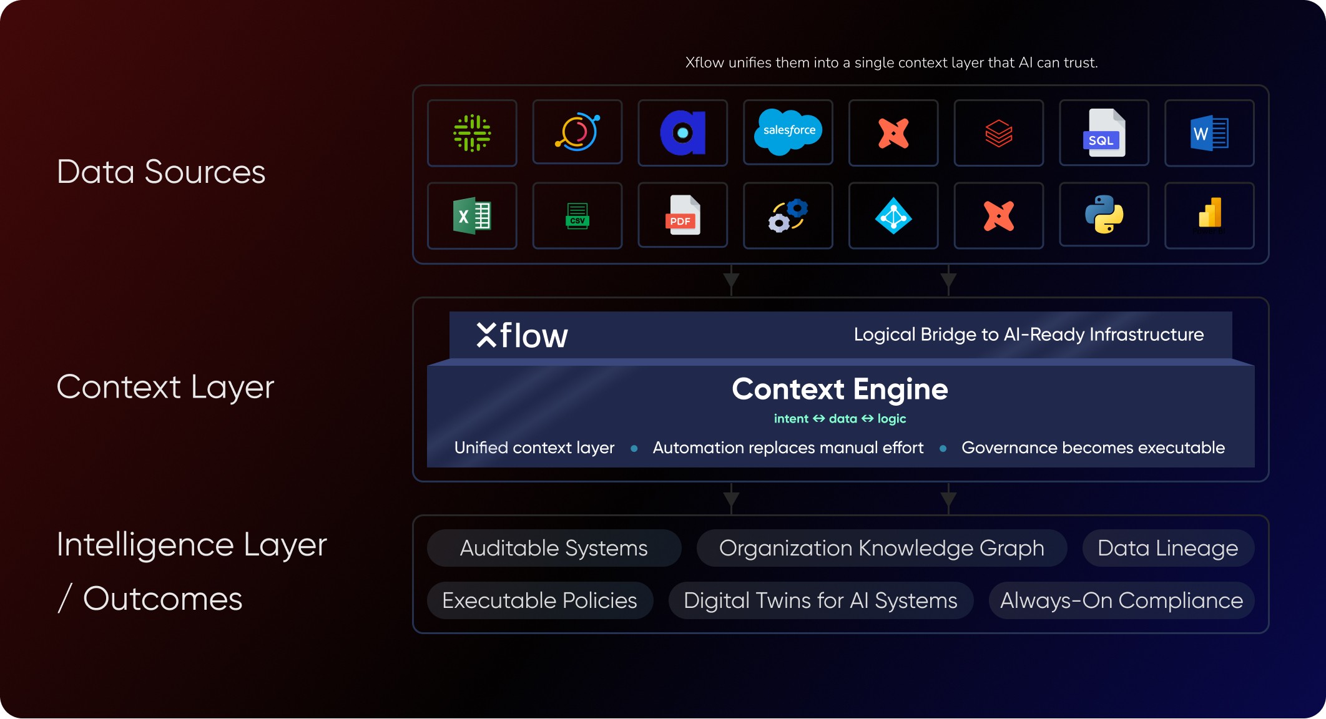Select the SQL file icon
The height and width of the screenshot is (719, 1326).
1104,133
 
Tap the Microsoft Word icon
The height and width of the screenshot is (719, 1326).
1209,133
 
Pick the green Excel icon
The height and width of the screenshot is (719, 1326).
472,216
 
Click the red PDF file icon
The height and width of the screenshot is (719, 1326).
682,215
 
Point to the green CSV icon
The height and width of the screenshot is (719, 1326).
577,216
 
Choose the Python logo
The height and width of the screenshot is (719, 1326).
1104,215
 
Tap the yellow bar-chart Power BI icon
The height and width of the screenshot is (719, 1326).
1209,213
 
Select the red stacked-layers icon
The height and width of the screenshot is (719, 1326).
999,133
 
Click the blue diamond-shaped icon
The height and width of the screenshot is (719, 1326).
893,216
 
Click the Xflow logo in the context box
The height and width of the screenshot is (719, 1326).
522,335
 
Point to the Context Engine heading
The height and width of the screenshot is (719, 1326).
840,389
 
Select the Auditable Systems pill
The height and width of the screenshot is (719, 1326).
554,548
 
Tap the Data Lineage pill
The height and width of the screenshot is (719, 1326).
1167,548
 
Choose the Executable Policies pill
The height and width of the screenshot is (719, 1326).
539,600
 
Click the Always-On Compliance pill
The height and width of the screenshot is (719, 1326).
1121,600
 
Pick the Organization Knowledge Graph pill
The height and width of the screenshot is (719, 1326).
882,548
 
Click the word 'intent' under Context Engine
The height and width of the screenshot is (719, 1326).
791,419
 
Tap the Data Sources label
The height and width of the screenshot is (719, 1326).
161,172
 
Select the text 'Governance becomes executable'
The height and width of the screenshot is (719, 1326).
1093,448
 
